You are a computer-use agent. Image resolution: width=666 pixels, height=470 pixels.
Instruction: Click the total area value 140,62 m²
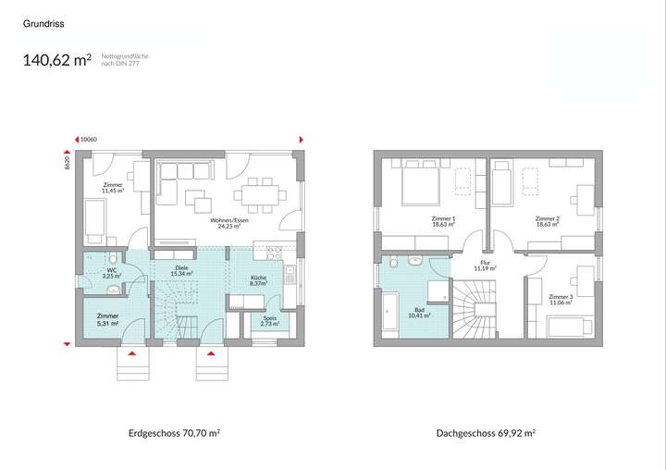coord(56,61)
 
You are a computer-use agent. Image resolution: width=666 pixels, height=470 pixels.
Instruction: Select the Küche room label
coord(259,281)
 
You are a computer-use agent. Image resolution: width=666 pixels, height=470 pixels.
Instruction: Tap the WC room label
coord(111,274)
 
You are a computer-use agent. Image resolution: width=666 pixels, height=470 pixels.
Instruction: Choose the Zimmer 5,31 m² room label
coord(109,320)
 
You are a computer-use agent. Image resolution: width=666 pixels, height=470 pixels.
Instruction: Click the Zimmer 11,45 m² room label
coord(113,188)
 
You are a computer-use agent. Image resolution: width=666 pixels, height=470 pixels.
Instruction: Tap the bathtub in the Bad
coord(388,315)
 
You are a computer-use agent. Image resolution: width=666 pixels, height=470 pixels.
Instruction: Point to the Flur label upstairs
coord(486,265)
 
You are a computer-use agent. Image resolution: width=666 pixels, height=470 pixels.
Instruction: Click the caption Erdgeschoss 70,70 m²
coord(174,433)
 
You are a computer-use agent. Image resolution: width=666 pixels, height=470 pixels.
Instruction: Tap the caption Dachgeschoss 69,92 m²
coord(486,433)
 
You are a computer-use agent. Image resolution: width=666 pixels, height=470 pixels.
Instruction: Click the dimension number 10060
coord(89,140)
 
